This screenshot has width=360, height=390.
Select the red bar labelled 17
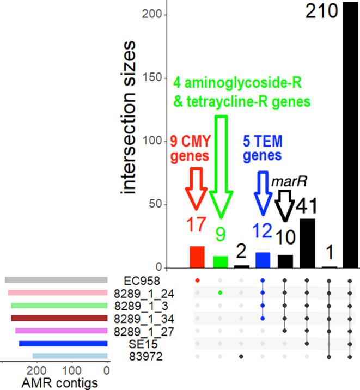coord(197,257)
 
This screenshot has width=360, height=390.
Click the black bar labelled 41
coord(307,243)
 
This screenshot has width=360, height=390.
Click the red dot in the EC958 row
coord(197,280)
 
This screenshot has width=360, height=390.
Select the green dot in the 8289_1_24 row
coord(219,292)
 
